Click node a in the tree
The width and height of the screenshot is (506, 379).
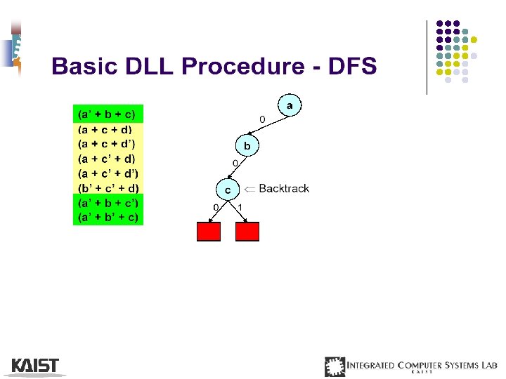290,105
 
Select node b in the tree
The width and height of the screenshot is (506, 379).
247,147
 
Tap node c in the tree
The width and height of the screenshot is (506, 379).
227,189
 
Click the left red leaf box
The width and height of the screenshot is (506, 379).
209,232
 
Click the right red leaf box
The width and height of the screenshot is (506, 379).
247,232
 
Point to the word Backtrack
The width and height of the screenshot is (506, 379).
284,188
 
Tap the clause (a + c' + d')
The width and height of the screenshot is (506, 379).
108,173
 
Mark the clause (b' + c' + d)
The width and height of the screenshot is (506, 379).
108,187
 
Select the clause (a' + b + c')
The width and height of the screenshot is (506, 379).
108,203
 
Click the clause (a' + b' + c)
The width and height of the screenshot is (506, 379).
108,218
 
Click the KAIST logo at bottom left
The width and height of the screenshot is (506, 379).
35,366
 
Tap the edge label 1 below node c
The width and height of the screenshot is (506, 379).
240,207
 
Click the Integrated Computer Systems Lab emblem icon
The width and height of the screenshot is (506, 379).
335,366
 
